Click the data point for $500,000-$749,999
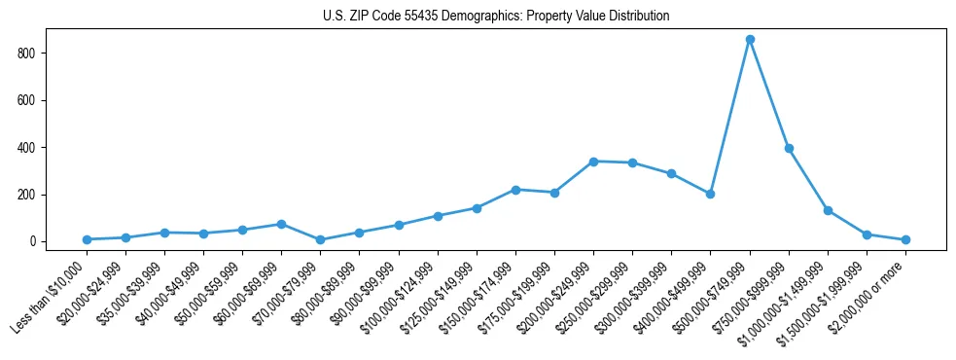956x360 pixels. click(750, 40)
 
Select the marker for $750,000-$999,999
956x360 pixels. click(789, 149)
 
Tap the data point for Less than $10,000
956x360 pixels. click(87, 239)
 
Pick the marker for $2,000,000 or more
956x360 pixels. click(905, 239)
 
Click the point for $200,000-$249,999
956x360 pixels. click(593, 162)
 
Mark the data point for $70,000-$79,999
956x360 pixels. click(320, 239)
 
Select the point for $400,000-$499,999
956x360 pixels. click(711, 194)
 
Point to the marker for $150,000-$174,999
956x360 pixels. click(515, 190)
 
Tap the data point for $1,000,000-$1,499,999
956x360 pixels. click(828, 210)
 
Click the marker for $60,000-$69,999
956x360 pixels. click(281, 224)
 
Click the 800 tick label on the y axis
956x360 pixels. click(28, 54)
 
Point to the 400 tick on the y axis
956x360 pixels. click(28, 148)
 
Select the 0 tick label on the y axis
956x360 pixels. click(34, 242)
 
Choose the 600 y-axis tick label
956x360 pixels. click(28, 100)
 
